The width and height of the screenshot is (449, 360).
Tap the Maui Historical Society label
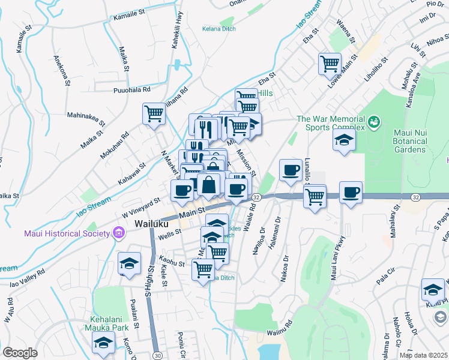(x=66, y=233)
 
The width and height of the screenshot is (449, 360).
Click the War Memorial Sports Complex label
(x=331, y=123)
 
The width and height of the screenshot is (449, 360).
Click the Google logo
(x=19, y=353)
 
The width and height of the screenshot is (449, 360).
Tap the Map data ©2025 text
(x=423, y=355)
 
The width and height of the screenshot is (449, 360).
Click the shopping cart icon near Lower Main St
(x=330, y=63)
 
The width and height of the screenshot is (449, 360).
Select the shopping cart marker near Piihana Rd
(x=154, y=113)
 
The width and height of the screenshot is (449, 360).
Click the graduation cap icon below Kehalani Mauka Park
(x=103, y=343)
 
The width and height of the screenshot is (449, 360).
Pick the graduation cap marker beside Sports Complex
(x=345, y=140)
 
